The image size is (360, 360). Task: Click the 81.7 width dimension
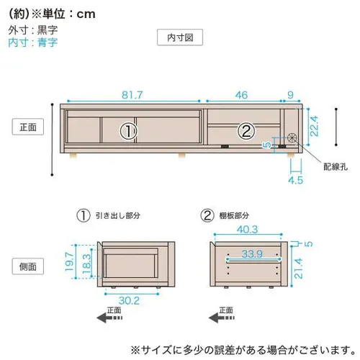pos(132,95)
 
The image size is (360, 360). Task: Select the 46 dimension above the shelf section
pos(241,95)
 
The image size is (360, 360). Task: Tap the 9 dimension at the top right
pos(290,95)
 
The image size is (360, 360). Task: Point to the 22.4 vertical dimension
pos(314,126)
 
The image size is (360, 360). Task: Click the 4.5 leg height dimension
pos(296,180)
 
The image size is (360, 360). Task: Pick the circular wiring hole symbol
pos(292,138)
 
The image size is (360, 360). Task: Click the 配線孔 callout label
pos(336,167)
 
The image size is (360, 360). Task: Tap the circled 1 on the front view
pos(128,131)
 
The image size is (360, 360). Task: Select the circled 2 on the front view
pos(246,131)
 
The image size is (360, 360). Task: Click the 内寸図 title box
pos(180,37)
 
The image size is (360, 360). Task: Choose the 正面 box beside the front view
pos(28,127)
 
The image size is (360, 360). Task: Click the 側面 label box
pos(28,266)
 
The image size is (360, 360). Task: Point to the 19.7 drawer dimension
pos(69,261)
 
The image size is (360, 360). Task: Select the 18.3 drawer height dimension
pos(86,264)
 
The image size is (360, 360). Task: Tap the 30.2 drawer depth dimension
pos(129,301)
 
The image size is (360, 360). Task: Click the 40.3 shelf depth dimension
pos(248,230)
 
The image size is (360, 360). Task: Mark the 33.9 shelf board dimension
pos(252,253)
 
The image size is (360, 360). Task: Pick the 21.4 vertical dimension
pos(298,269)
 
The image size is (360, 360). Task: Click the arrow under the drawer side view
pos(109,318)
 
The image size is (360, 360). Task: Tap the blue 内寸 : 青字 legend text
pos(33,42)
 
